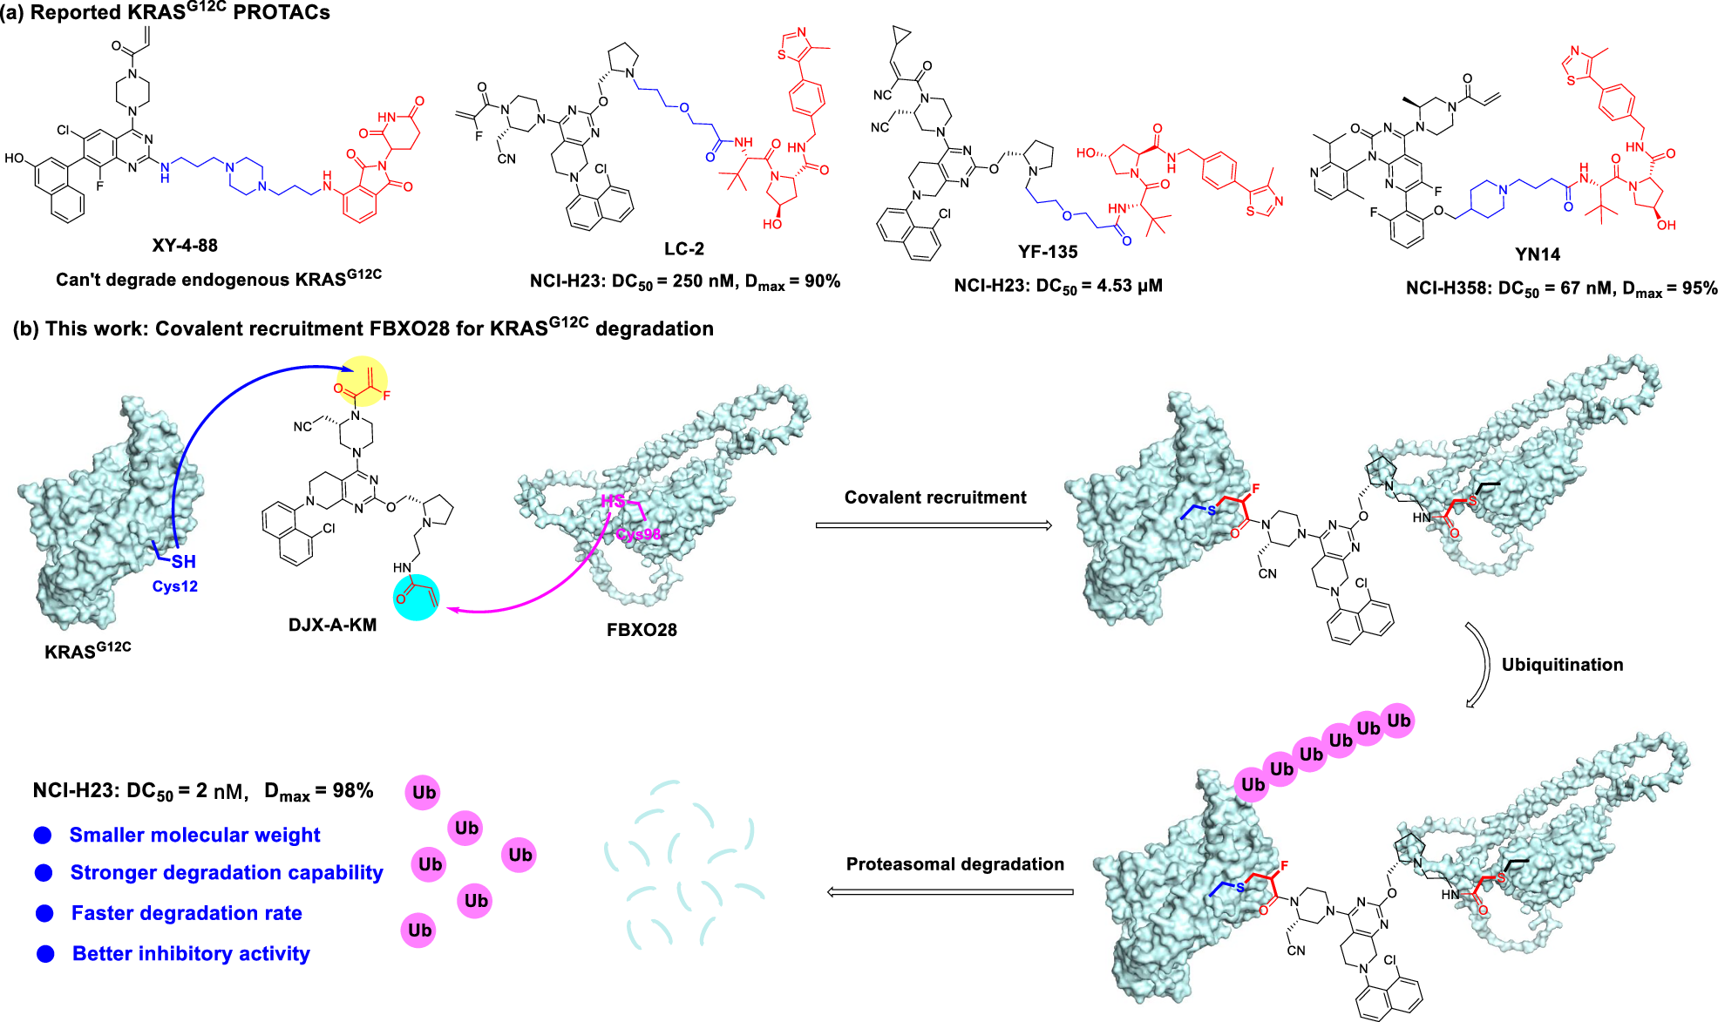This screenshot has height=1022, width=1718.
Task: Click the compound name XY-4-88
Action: [x=185, y=246]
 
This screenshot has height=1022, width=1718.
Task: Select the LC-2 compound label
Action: [x=684, y=249]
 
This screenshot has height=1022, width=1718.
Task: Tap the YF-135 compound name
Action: [x=1048, y=252]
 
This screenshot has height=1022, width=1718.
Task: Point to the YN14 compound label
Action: [x=1538, y=254]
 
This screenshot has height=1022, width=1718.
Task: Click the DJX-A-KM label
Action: [x=332, y=625]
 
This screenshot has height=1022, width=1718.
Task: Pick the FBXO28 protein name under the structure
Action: [x=642, y=630]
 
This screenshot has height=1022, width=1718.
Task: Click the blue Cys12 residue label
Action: [x=175, y=586]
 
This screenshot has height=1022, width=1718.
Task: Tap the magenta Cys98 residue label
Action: [x=638, y=534]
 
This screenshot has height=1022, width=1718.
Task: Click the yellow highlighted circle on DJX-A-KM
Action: [x=363, y=381]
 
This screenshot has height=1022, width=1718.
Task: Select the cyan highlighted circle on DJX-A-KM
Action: [x=416, y=598]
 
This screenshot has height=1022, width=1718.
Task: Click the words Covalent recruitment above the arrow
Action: [x=935, y=497]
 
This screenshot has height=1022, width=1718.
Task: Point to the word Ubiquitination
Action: [x=1562, y=665]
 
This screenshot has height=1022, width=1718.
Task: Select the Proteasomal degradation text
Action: [x=955, y=864]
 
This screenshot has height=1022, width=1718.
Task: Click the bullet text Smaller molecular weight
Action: [x=194, y=835]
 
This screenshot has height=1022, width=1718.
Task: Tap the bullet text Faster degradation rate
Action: [x=187, y=913]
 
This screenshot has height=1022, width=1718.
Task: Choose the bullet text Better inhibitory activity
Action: [x=191, y=954]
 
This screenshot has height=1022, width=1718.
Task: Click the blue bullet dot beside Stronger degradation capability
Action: [x=44, y=873]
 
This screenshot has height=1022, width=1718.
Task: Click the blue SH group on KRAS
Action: [x=183, y=562]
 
